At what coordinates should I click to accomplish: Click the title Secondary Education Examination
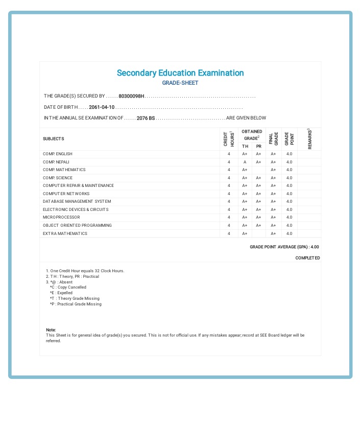point(180,73)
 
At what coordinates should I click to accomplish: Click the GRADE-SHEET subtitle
point(180,83)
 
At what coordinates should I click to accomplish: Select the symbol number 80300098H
point(132,96)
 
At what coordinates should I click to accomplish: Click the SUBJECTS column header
point(54,139)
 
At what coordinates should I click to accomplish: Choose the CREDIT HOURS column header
point(229,139)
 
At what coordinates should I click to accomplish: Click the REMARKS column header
point(309,139)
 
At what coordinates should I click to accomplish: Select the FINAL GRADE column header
point(273,139)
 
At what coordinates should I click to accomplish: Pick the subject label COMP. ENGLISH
point(58,154)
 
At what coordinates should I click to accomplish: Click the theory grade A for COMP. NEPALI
point(245,162)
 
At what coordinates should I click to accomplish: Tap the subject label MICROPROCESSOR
point(61,217)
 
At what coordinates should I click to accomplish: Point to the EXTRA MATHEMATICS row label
point(65,233)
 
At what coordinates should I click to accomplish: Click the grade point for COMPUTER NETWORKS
point(289,194)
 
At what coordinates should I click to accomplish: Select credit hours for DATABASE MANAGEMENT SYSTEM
point(229,202)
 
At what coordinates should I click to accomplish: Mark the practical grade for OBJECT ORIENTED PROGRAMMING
point(258,225)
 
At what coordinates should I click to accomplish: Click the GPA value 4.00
point(315,247)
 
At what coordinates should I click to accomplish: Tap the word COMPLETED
point(307,258)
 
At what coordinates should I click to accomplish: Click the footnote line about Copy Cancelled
point(68,287)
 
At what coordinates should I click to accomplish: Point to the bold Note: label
point(51,330)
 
